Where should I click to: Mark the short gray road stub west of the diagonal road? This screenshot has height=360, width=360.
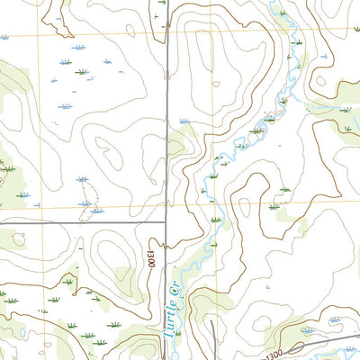point(212,328)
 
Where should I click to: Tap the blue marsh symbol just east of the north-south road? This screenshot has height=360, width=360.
point(184,120)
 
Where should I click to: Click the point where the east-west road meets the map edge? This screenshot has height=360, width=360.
point(1,221)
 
